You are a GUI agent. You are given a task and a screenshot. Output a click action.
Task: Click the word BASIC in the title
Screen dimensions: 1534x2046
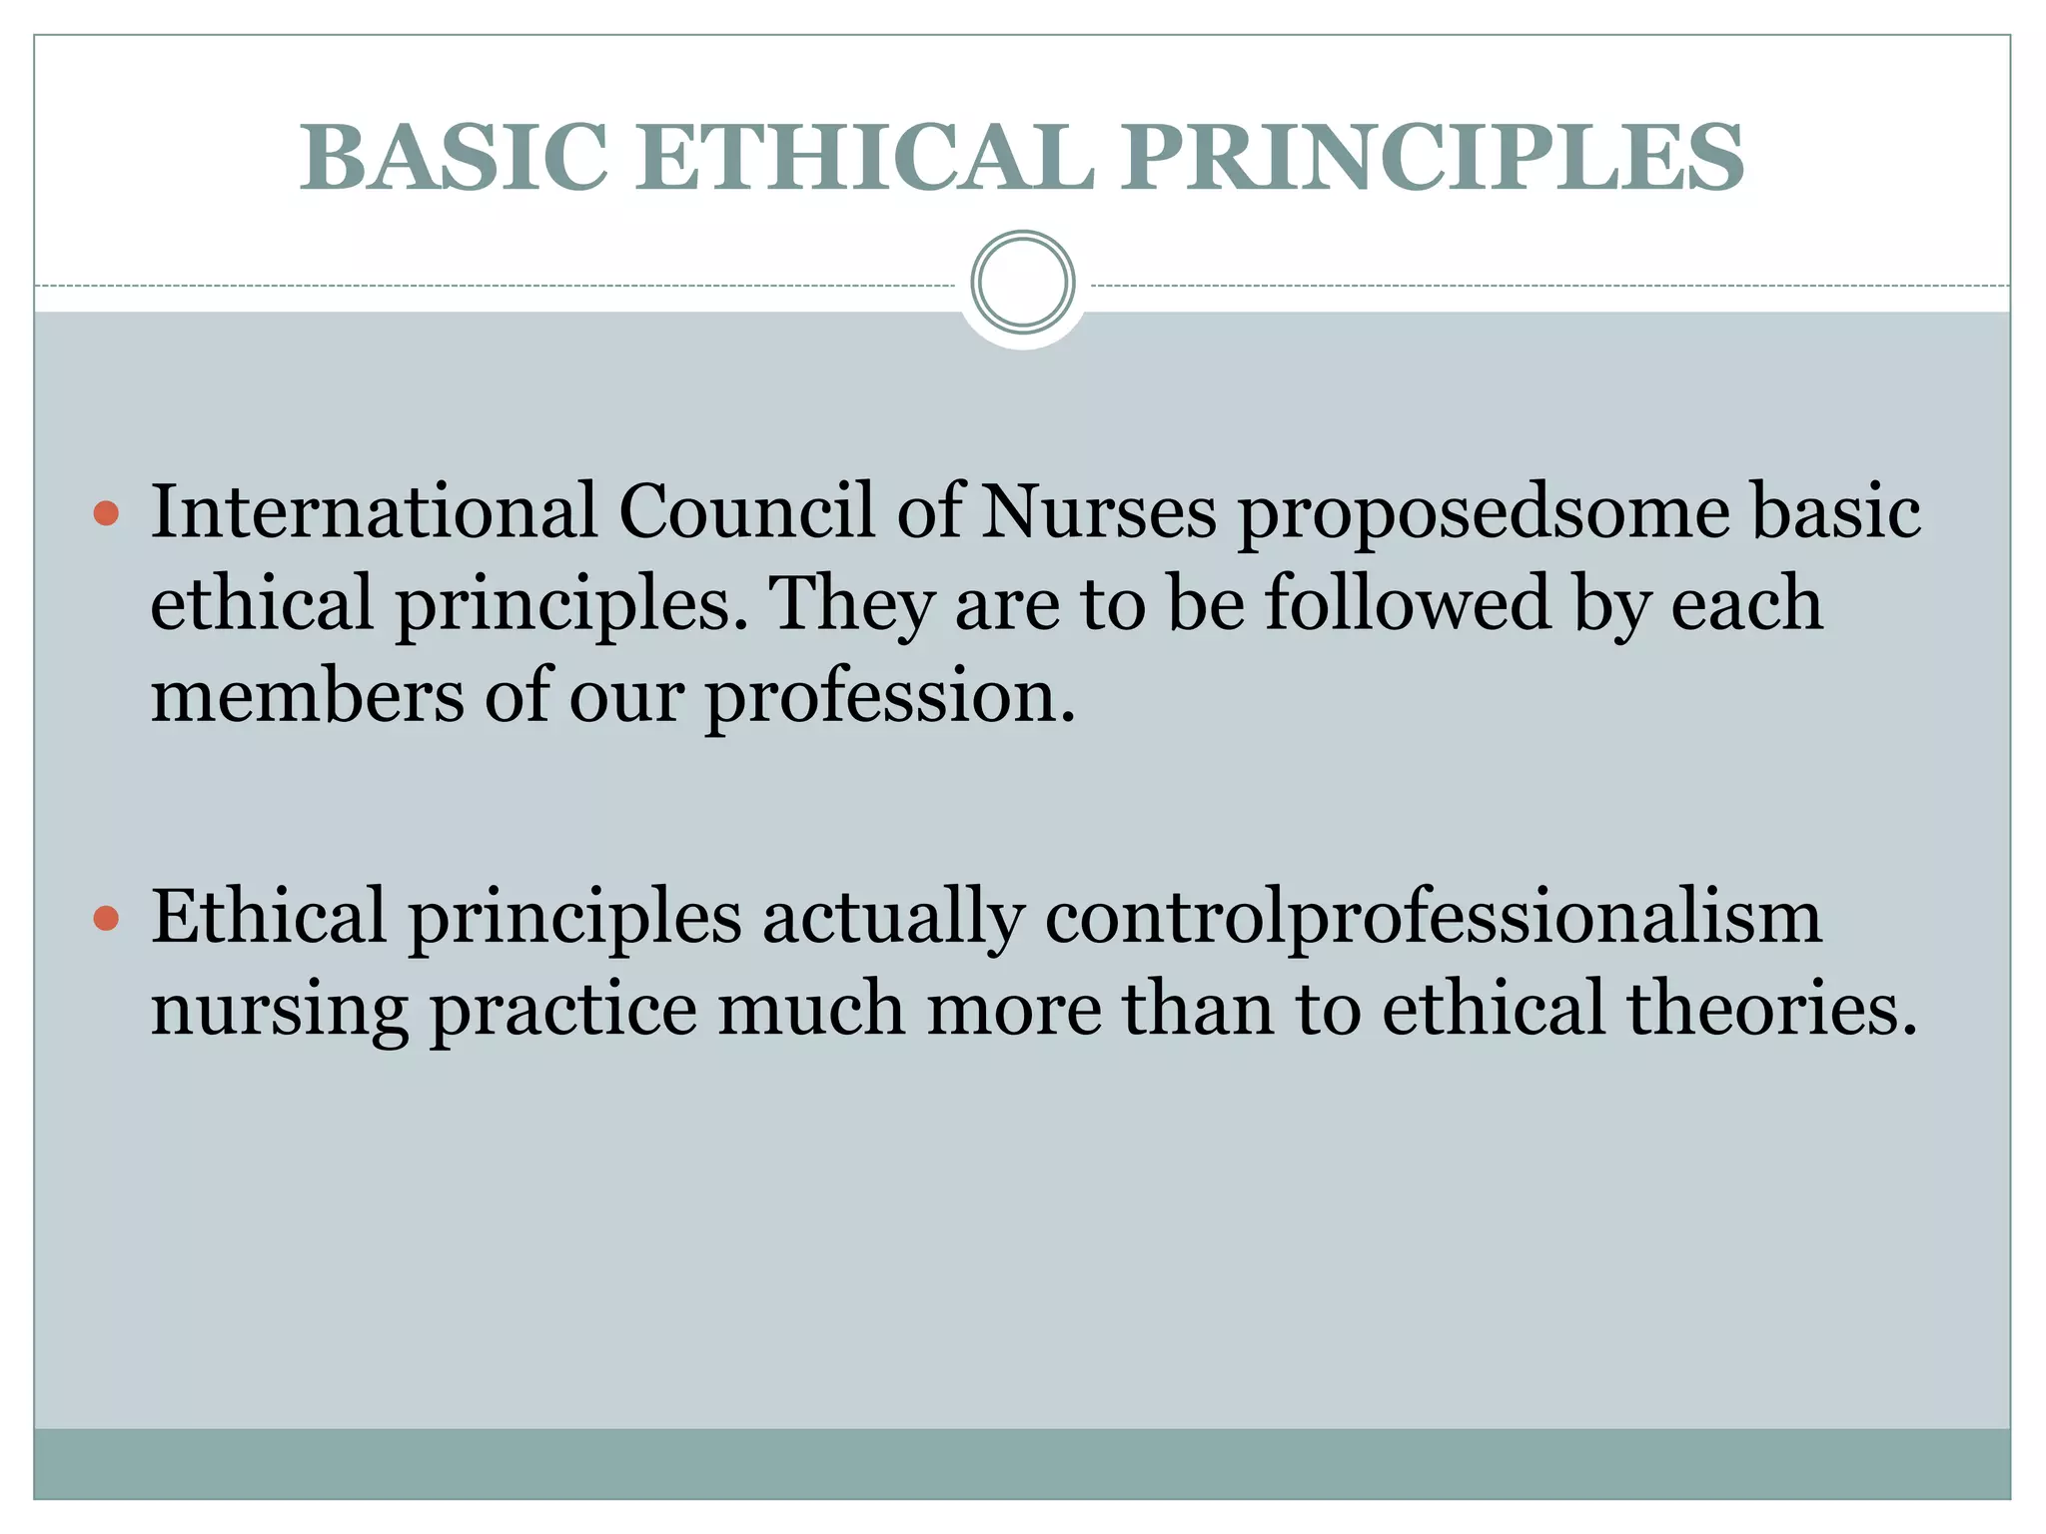tap(455, 158)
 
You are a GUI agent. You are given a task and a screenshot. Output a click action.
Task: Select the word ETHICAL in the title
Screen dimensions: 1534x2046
tap(865, 158)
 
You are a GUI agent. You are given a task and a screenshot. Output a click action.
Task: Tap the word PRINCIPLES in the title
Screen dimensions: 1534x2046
tap(1432, 158)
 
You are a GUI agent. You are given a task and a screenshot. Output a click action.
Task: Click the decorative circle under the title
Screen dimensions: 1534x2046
tap(1023, 282)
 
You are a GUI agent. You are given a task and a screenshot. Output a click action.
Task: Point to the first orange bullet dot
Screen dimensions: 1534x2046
tap(106, 514)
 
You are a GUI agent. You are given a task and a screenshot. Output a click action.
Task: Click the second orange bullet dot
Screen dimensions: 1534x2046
tap(106, 918)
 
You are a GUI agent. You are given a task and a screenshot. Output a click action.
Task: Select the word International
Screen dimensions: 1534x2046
tap(374, 511)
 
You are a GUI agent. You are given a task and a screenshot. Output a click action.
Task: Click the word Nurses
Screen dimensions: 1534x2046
tap(1099, 511)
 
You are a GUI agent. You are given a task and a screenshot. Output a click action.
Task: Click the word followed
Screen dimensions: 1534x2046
tap(1408, 603)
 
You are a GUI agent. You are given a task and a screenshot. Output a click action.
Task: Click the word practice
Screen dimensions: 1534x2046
tap(563, 1009)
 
